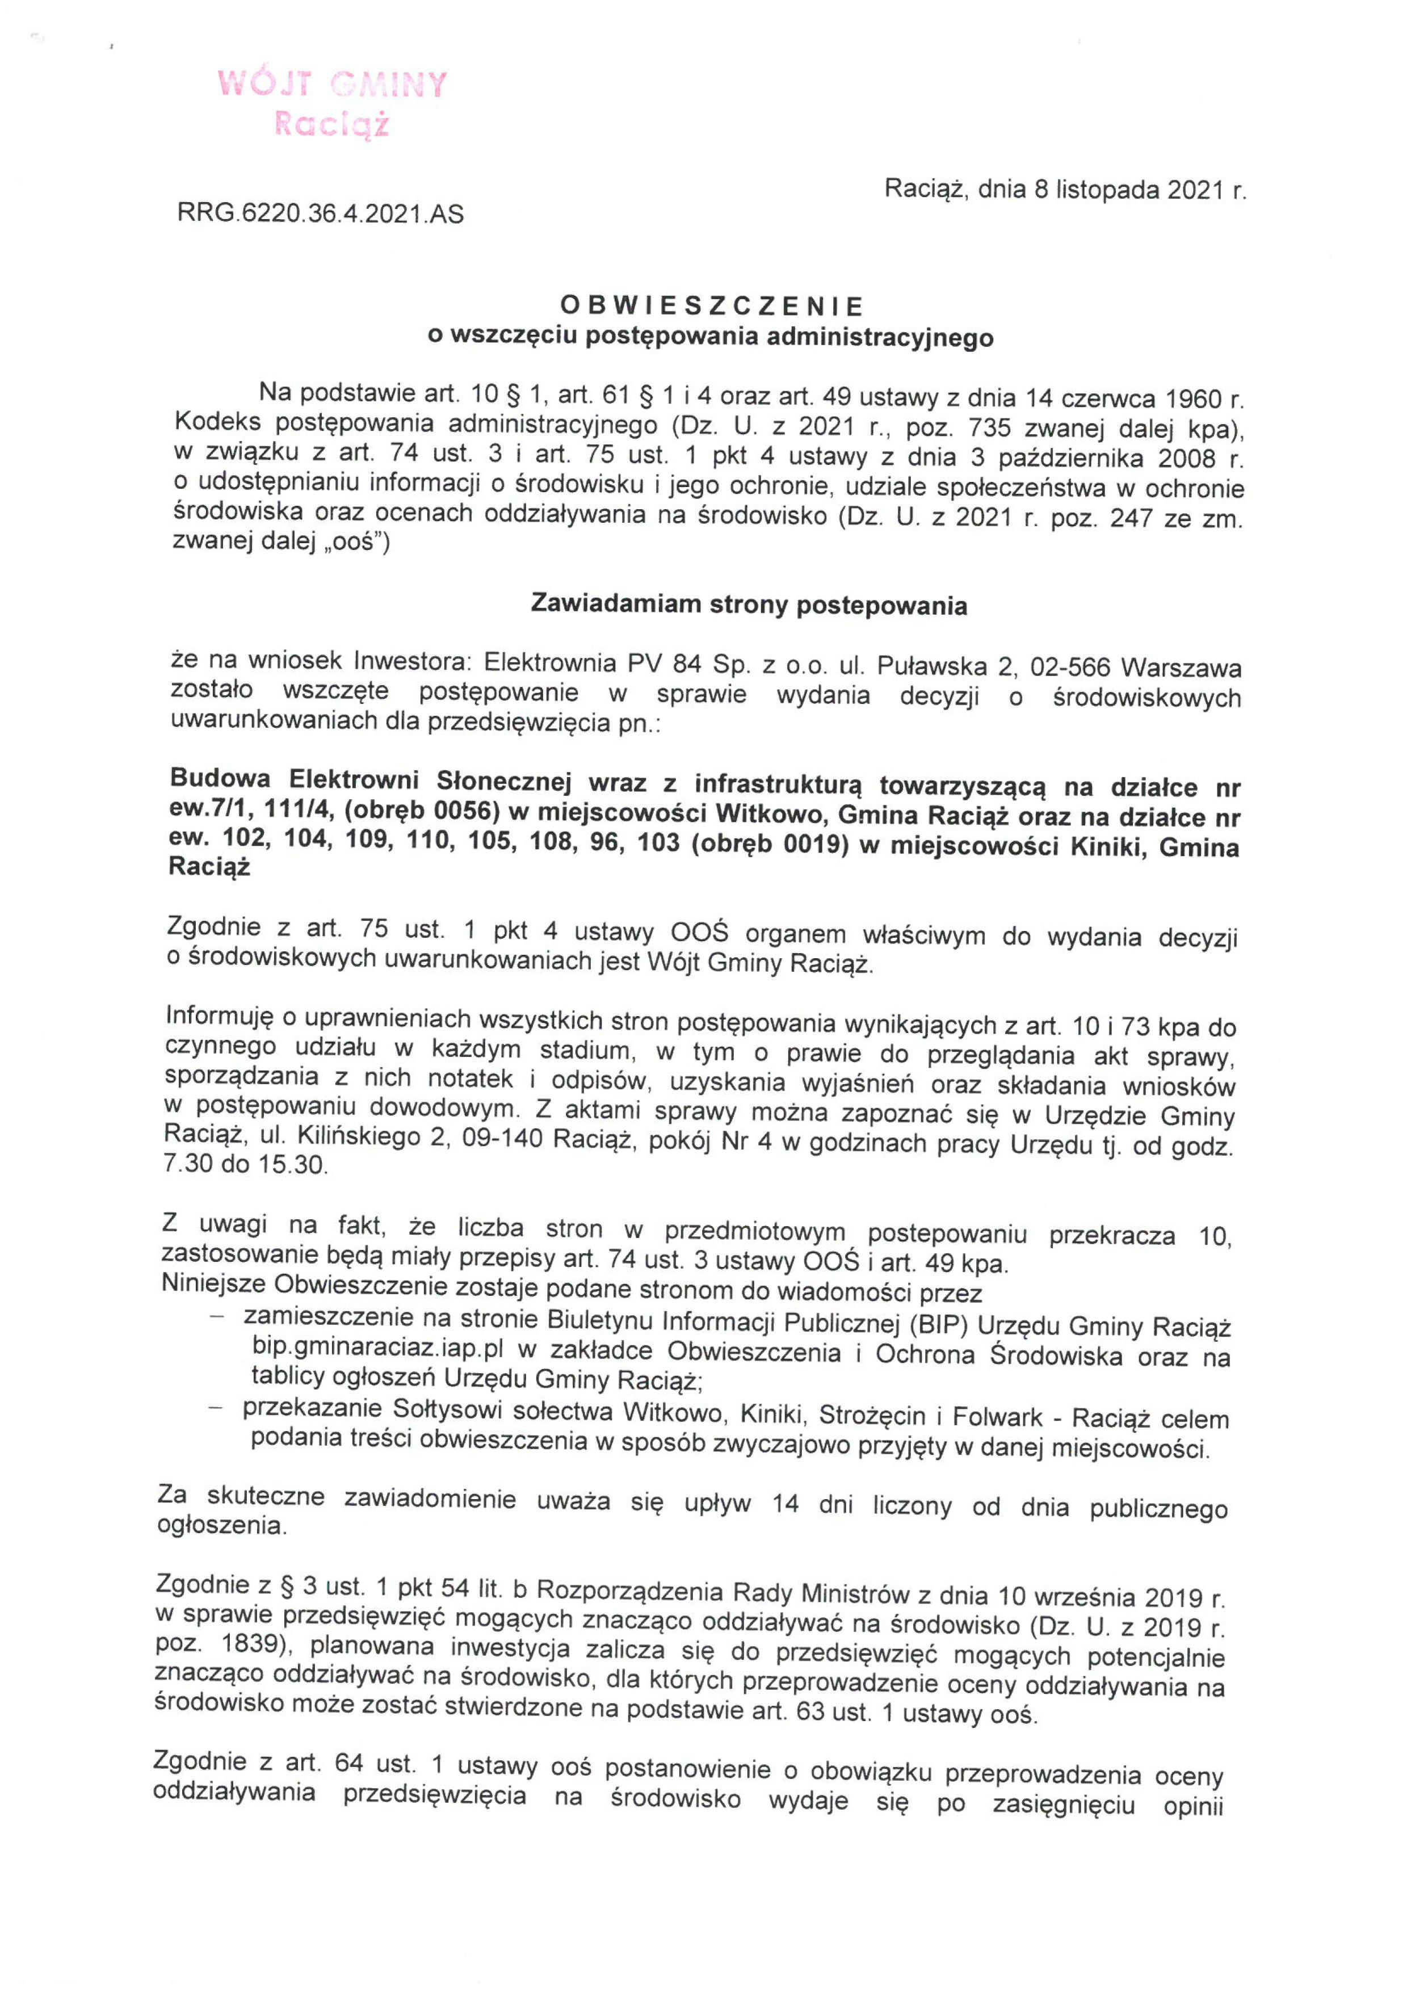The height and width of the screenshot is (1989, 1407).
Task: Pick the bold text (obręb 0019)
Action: (770, 845)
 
